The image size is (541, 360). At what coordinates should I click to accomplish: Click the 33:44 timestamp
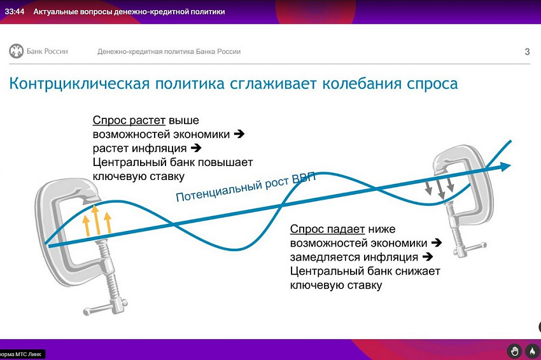click(x=15, y=11)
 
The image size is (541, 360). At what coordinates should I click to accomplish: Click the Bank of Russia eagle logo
click(x=16, y=52)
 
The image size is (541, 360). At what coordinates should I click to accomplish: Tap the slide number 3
click(x=527, y=52)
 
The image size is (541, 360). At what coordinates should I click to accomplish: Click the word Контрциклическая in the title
click(x=80, y=84)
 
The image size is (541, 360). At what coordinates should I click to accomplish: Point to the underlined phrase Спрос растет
click(x=129, y=120)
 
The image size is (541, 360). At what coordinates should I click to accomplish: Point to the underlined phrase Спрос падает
click(x=327, y=229)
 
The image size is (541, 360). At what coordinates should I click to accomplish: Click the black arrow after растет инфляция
click(x=196, y=148)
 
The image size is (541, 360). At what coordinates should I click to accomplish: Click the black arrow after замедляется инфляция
click(x=428, y=257)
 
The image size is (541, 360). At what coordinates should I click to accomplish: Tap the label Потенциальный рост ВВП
click(x=246, y=187)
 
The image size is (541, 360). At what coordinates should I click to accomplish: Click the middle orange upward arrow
click(x=96, y=220)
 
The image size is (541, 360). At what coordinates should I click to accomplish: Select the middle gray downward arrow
click(x=439, y=189)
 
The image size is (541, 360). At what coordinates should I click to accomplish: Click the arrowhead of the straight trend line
click(x=505, y=166)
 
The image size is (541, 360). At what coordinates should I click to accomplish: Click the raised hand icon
click(x=514, y=351)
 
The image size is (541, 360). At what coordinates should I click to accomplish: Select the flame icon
click(x=532, y=351)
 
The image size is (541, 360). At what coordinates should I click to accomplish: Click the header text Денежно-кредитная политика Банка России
click(x=169, y=52)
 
